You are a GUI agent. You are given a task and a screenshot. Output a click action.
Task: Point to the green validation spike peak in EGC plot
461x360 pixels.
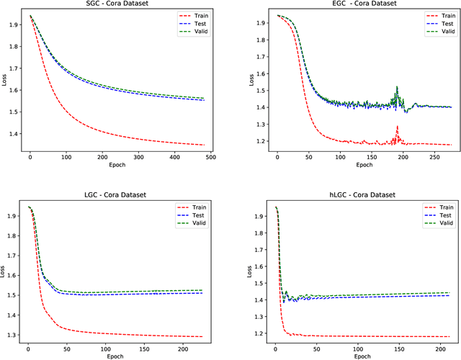397,88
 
